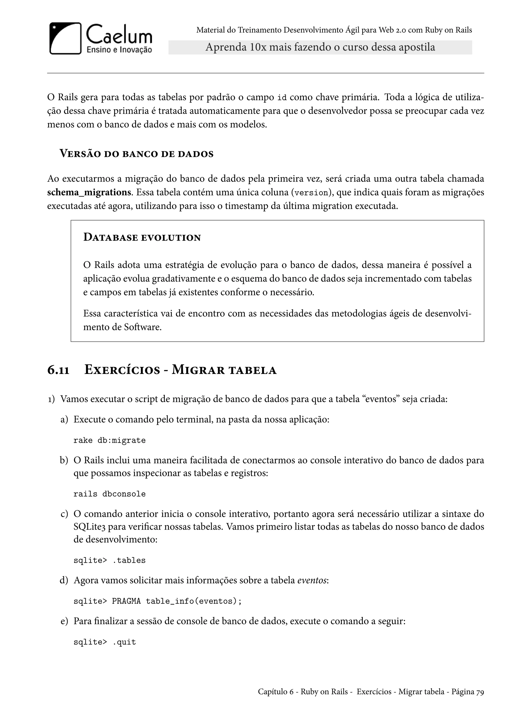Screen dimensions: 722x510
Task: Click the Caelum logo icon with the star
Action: coord(65,38)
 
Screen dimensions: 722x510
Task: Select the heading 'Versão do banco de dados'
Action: coord(137,154)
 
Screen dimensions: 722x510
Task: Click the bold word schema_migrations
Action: coord(89,192)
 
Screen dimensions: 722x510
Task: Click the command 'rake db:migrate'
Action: coord(109,440)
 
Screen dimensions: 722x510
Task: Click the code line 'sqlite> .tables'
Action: coord(109,560)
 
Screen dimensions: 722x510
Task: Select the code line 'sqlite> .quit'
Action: coord(105,642)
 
